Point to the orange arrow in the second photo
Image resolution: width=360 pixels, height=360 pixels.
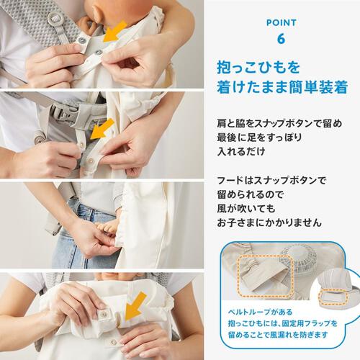107,130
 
